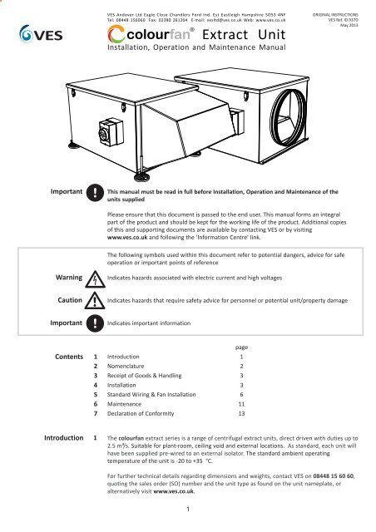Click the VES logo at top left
coord(41,34)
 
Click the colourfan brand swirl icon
coord(116,35)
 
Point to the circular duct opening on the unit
coord(288,117)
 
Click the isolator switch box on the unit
coord(111,132)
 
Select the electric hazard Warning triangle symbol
coord(95,279)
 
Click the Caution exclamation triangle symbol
coord(95,301)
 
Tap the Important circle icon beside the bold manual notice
coord(95,193)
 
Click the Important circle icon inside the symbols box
coord(95,323)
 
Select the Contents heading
coord(69,357)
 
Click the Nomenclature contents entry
coord(126,366)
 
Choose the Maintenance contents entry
coord(124,404)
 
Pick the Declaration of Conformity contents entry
coord(141,414)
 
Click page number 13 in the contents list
coord(241,414)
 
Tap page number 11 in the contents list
coord(241,404)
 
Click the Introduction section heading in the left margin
coord(63,438)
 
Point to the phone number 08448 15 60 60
coord(334,476)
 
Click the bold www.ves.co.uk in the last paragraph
coord(174,491)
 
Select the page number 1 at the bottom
coord(188,509)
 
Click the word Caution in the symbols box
coord(70,300)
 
